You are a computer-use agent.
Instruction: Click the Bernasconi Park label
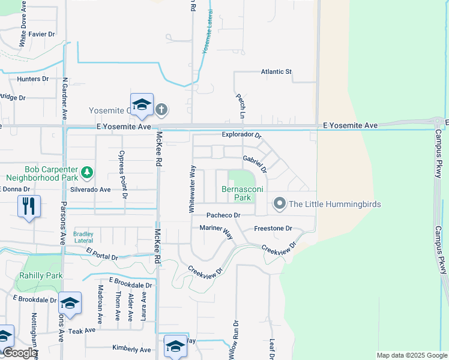click(235, 193)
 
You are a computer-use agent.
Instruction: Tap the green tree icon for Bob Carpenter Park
click(88, 173)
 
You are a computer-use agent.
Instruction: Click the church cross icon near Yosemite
click(161, 110)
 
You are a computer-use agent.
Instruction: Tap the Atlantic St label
click(276, 72)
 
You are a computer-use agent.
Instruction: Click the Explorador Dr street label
click(242, 136)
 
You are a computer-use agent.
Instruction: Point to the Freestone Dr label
click(273, 229)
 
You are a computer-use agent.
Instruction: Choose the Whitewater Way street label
click(192, 189)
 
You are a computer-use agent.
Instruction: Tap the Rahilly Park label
click(46, 275)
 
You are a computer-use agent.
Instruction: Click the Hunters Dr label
click(33, 79)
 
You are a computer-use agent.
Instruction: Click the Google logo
click(19, 353)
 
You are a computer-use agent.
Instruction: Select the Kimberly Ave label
click(131, 349)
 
